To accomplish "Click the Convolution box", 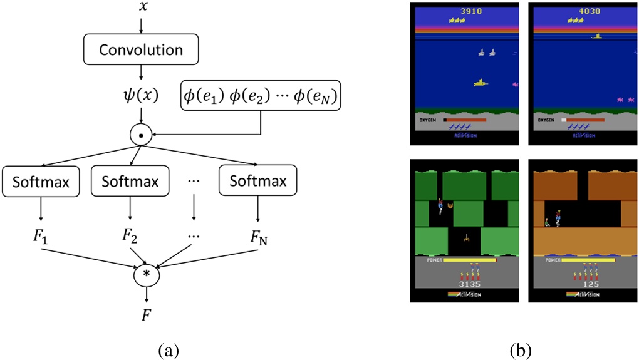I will (x=141, y=49).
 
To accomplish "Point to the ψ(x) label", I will (x=141, y=96).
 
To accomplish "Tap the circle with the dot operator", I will (x=141, y=133).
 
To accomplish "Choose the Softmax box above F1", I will (x=41, y=182).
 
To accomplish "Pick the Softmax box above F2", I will (x=130, y=182).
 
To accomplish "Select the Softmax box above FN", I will (x=258, y=182).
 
